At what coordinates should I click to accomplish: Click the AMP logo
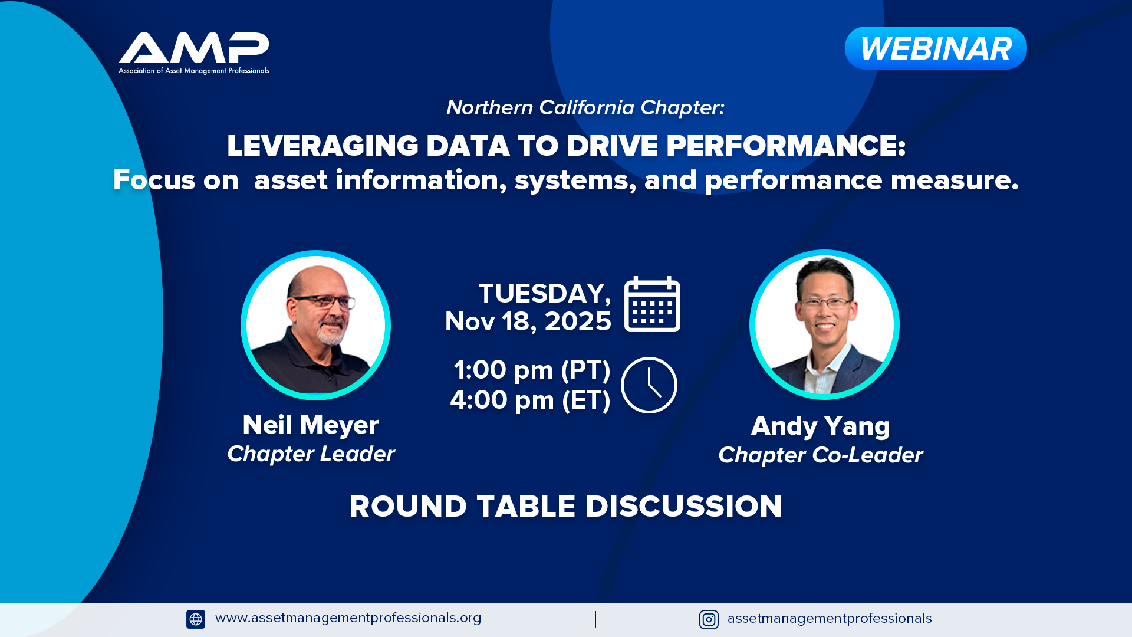pos(194,53)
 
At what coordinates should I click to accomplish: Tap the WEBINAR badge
pos(936,48)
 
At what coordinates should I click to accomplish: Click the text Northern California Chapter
pos(585,107)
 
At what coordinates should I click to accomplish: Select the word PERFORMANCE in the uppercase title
pos(785,146)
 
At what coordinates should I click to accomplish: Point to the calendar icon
pos(652,304)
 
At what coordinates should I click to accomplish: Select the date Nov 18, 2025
pos(528,321)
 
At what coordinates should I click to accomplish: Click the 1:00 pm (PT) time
pos(532,370)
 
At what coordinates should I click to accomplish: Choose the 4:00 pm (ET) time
pos(530,400)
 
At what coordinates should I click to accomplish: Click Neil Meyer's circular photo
pos(315,325)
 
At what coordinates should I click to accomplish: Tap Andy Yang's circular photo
pos(824,324)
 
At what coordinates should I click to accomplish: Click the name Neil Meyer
pos(311,425)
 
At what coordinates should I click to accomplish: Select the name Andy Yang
pos(821,426)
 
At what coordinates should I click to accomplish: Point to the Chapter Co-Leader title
pos(821,455)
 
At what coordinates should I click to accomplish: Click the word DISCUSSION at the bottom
pos(684,506)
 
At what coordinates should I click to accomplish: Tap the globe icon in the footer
pos(196,619)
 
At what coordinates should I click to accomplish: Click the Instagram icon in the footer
pos(709,619)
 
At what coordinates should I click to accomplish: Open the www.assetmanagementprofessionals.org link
pos(348,618)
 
